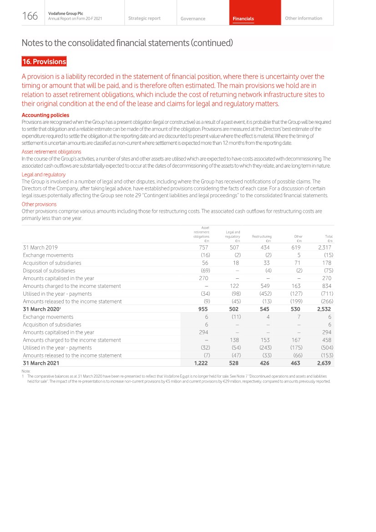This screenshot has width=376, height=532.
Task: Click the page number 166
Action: tap(30, 16)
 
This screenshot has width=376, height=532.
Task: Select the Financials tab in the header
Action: tap(243, 19)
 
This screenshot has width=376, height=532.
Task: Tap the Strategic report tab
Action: tap(144, 18)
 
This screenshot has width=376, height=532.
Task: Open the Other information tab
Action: tap(303, 18)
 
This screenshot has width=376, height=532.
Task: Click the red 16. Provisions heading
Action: tap(44, 61)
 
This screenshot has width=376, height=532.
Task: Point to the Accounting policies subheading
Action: tap(46, 115)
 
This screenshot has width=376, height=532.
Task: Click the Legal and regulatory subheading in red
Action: tap(44, 174)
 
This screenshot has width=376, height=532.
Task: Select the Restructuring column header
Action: tap(261, 237)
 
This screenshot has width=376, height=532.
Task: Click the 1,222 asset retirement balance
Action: tap(201, 363)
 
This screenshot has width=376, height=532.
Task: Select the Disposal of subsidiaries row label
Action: tap(49, 271)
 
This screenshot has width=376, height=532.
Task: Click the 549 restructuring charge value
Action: tap(265, 286)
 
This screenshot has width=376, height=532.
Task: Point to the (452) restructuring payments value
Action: tap(264, 294)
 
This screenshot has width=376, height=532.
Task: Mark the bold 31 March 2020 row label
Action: tap(41, 309)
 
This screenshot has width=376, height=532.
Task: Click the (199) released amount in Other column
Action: tap(296, 302)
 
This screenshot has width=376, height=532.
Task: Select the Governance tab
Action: tap(193, 19)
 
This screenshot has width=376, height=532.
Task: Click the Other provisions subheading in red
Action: tap(39, 204)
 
